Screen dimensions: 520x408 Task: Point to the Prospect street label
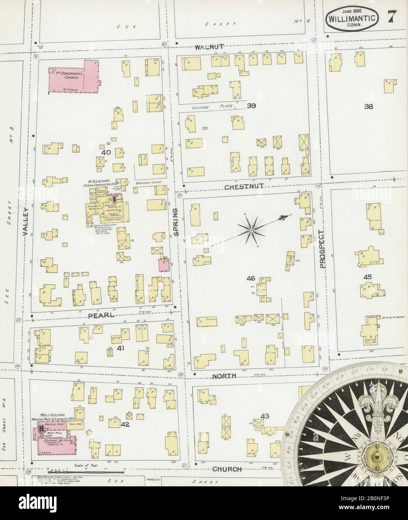(x=322, y=249)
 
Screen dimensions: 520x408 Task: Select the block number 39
(x=251, y=106)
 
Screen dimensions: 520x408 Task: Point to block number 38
(x=369, y=106)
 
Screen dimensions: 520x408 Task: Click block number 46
(x=251, y=278)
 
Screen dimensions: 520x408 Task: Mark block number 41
(x=121, y=348)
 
